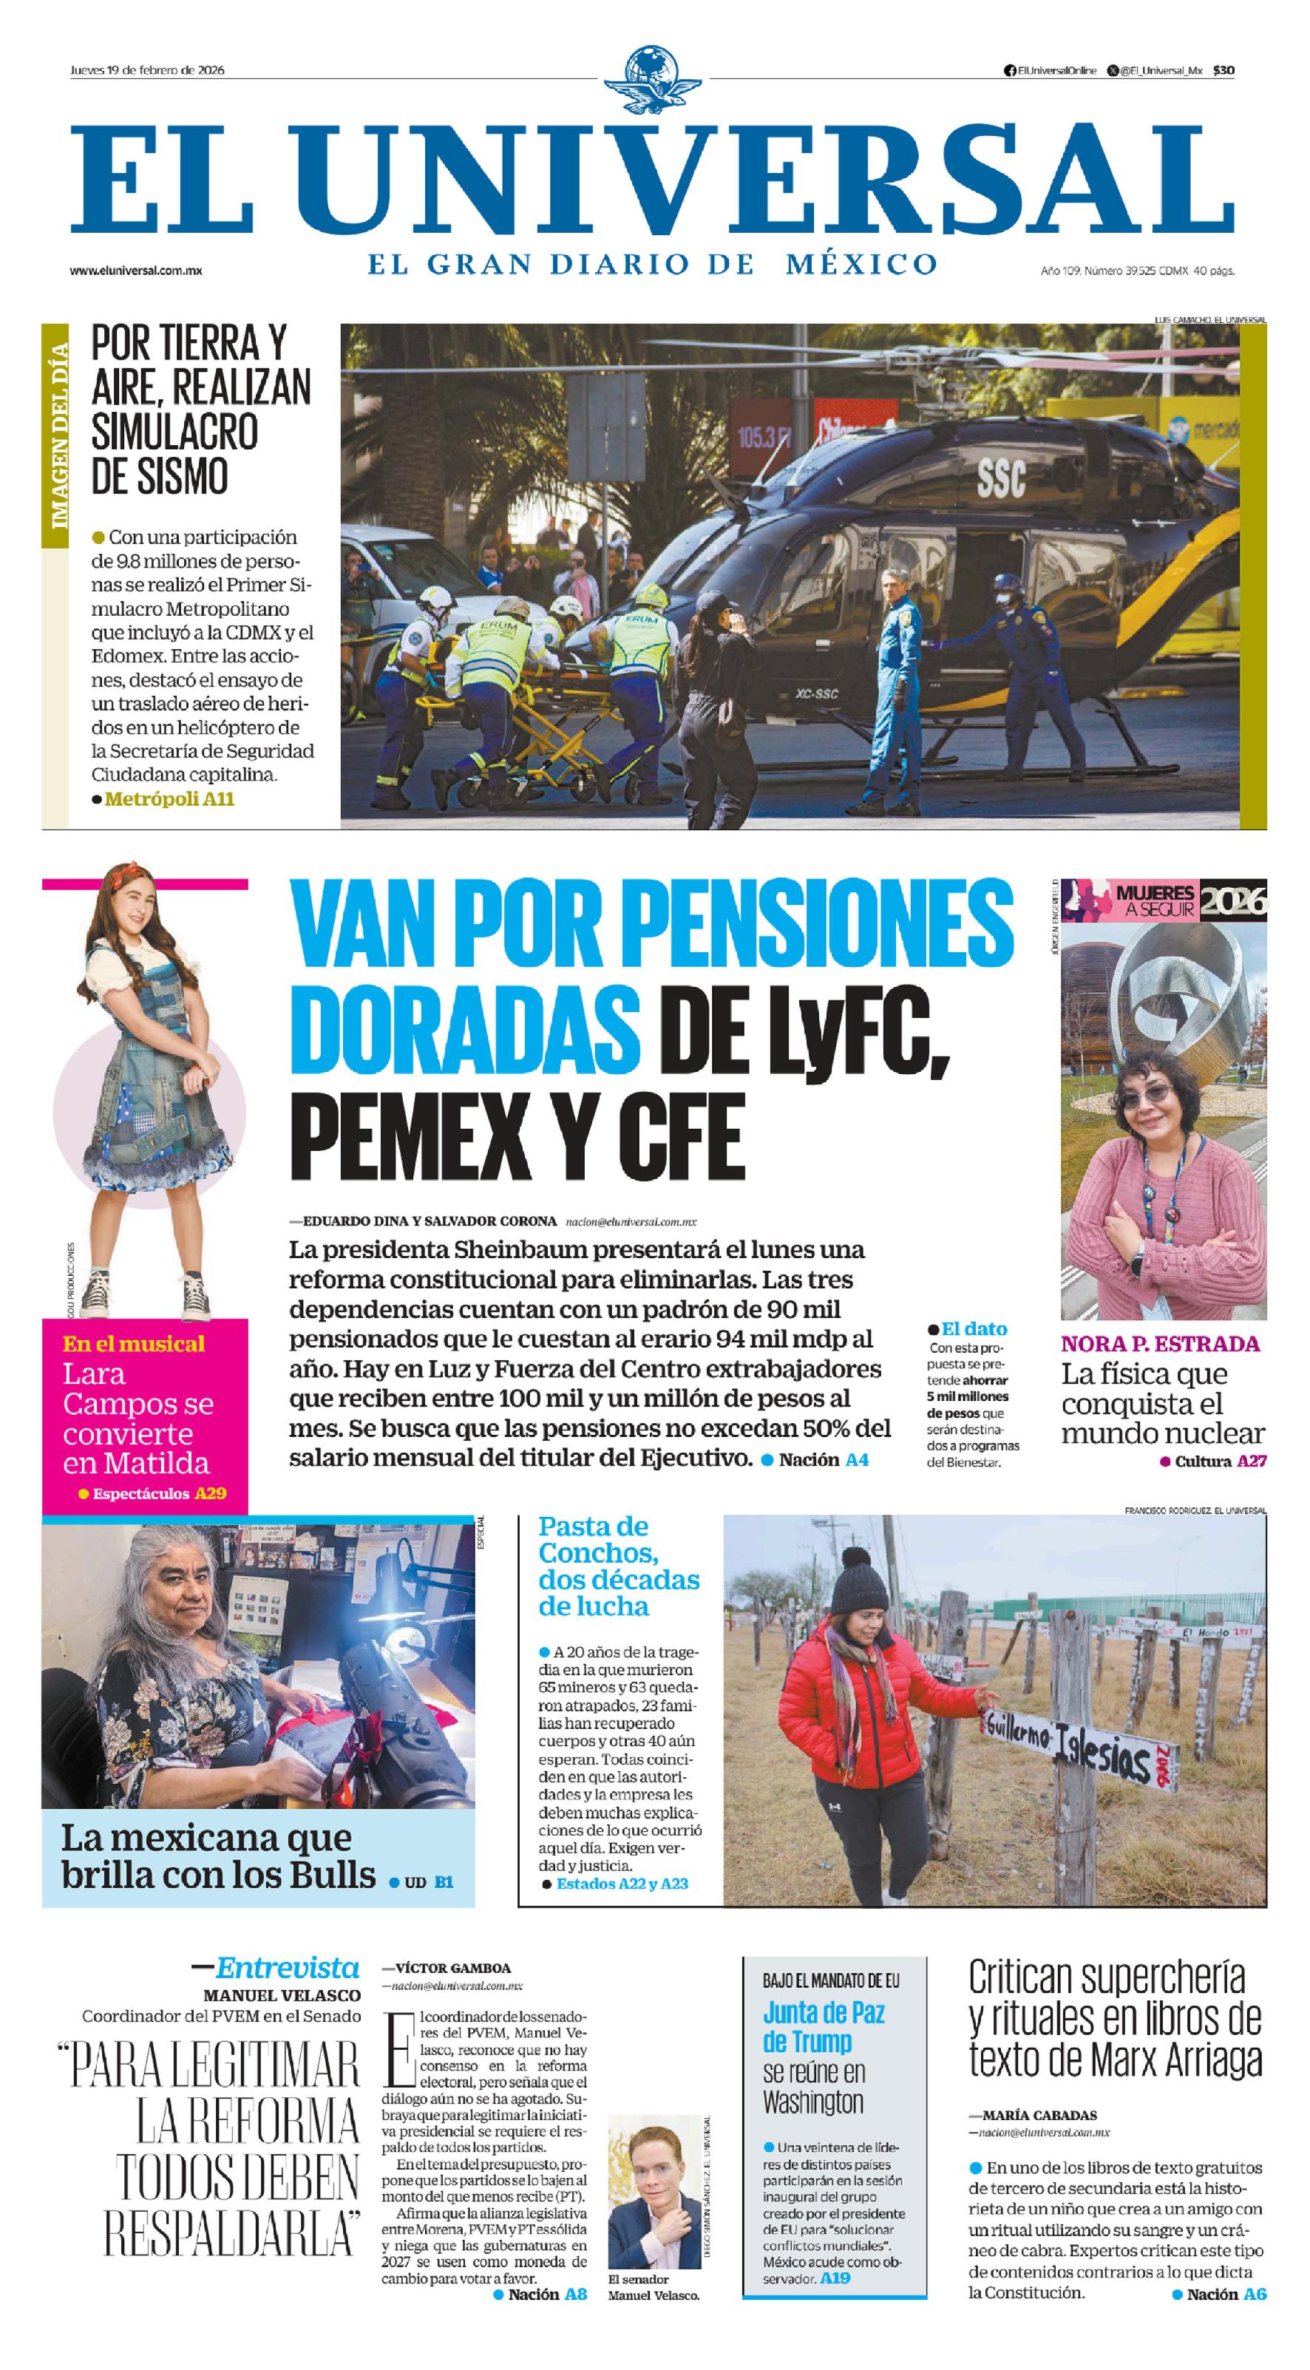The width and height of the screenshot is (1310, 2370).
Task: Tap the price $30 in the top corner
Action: click(1223, 71)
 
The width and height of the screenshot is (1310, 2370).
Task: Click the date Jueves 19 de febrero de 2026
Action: click(147, 70)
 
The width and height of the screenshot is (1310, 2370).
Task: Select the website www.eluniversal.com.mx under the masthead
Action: click(136, 271)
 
